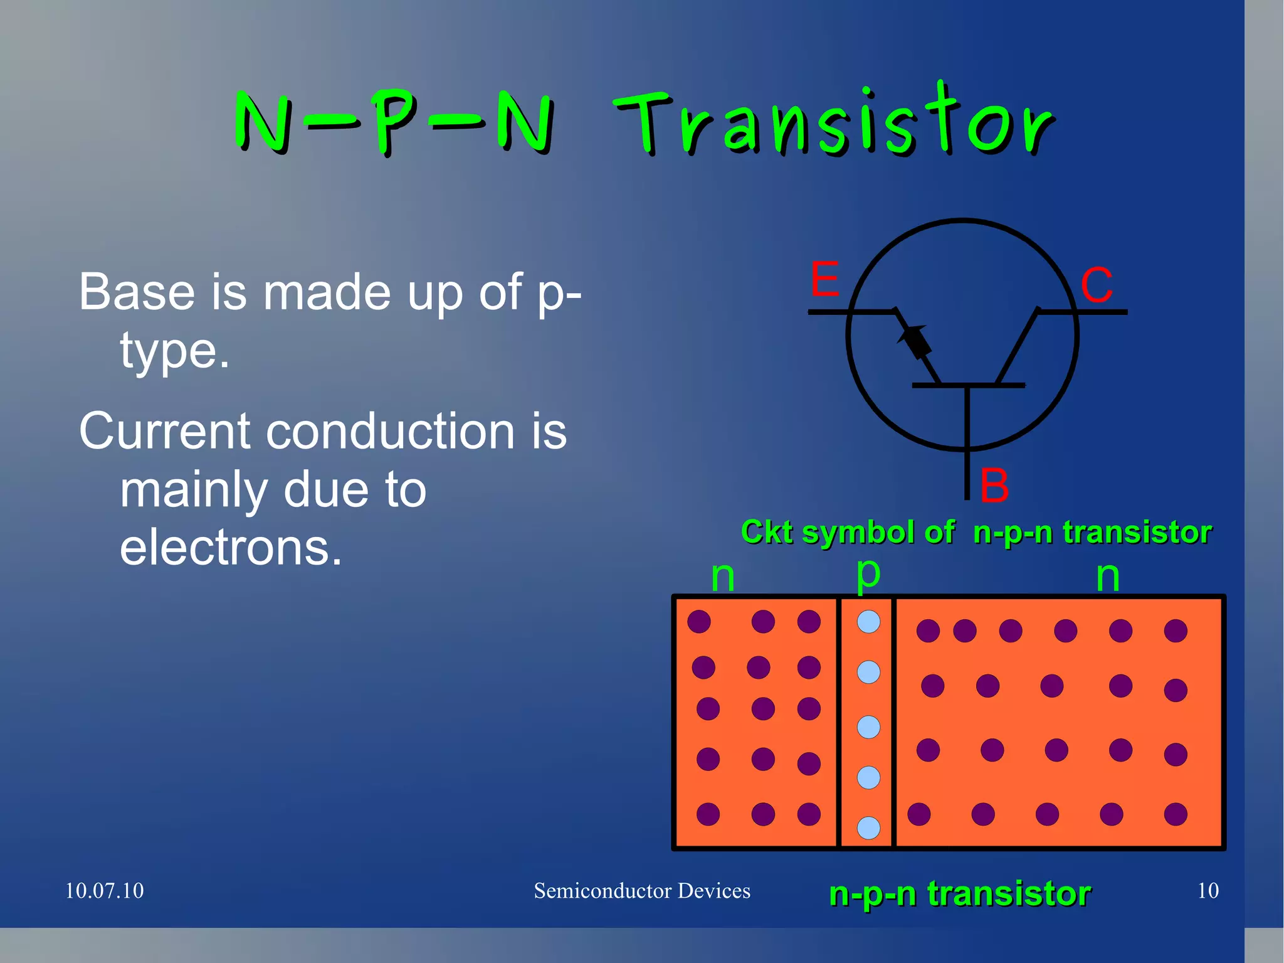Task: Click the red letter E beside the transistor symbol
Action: point(824,280)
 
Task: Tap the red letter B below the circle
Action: point(994,486)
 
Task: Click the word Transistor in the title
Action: point(834,120)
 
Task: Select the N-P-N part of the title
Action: point(394,122)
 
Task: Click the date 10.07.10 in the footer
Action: point(104,891)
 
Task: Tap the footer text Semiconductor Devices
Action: point(642,891)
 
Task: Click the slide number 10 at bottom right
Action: point(1208,891)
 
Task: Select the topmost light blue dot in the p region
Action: point(868,622)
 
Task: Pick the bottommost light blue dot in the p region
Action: point(868,827)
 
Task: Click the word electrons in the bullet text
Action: point(231,548)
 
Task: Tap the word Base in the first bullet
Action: point(137,292)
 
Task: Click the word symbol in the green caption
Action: point(859,533)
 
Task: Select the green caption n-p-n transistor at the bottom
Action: point(960,893)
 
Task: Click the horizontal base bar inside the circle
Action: point(968,385)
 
